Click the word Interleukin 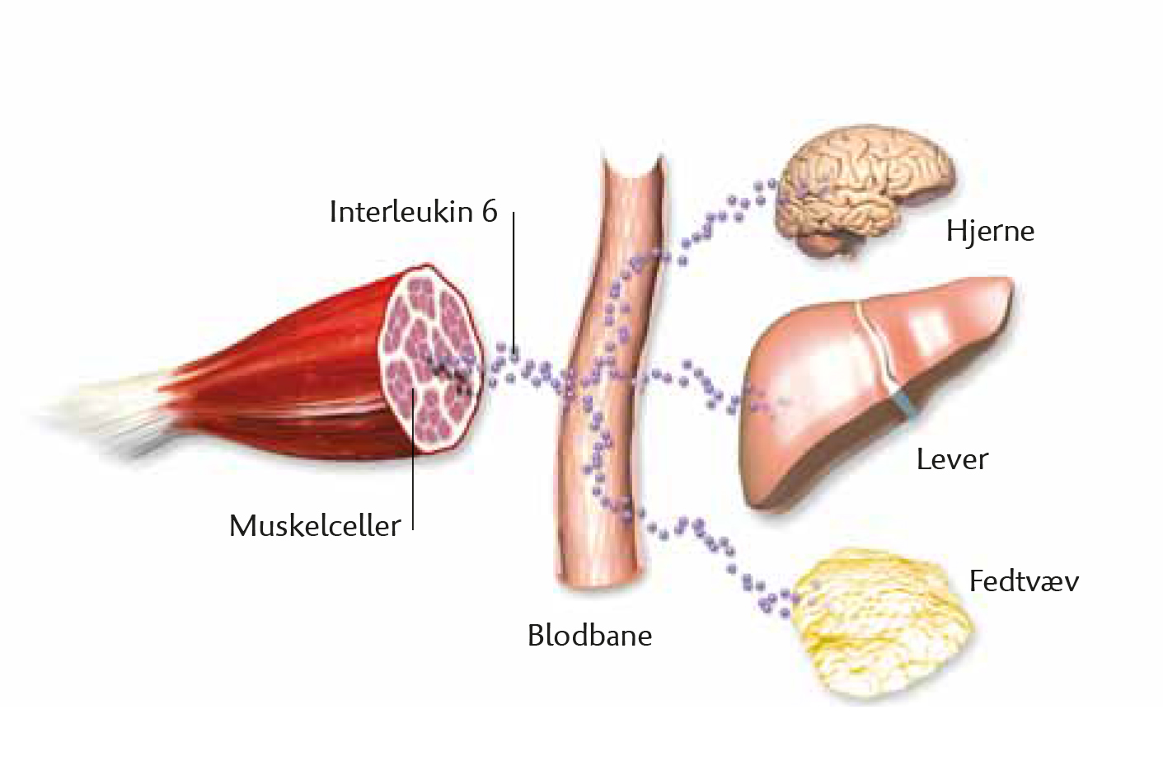pyautogui.click(x=401, y=211)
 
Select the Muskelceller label pyautogui.click(x=315, y=525)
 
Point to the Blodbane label pyautogui.click(x=590, y=635)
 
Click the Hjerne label pyautogui.click(x=990, y=231)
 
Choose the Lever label pyautogui.click(x=952, y=459)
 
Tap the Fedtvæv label pyautogui.click(x=1024, y=580)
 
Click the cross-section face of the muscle pyautogui.click(x=432, y=360)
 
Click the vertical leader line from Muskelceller pyautogui.click(x=413, y=459)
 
